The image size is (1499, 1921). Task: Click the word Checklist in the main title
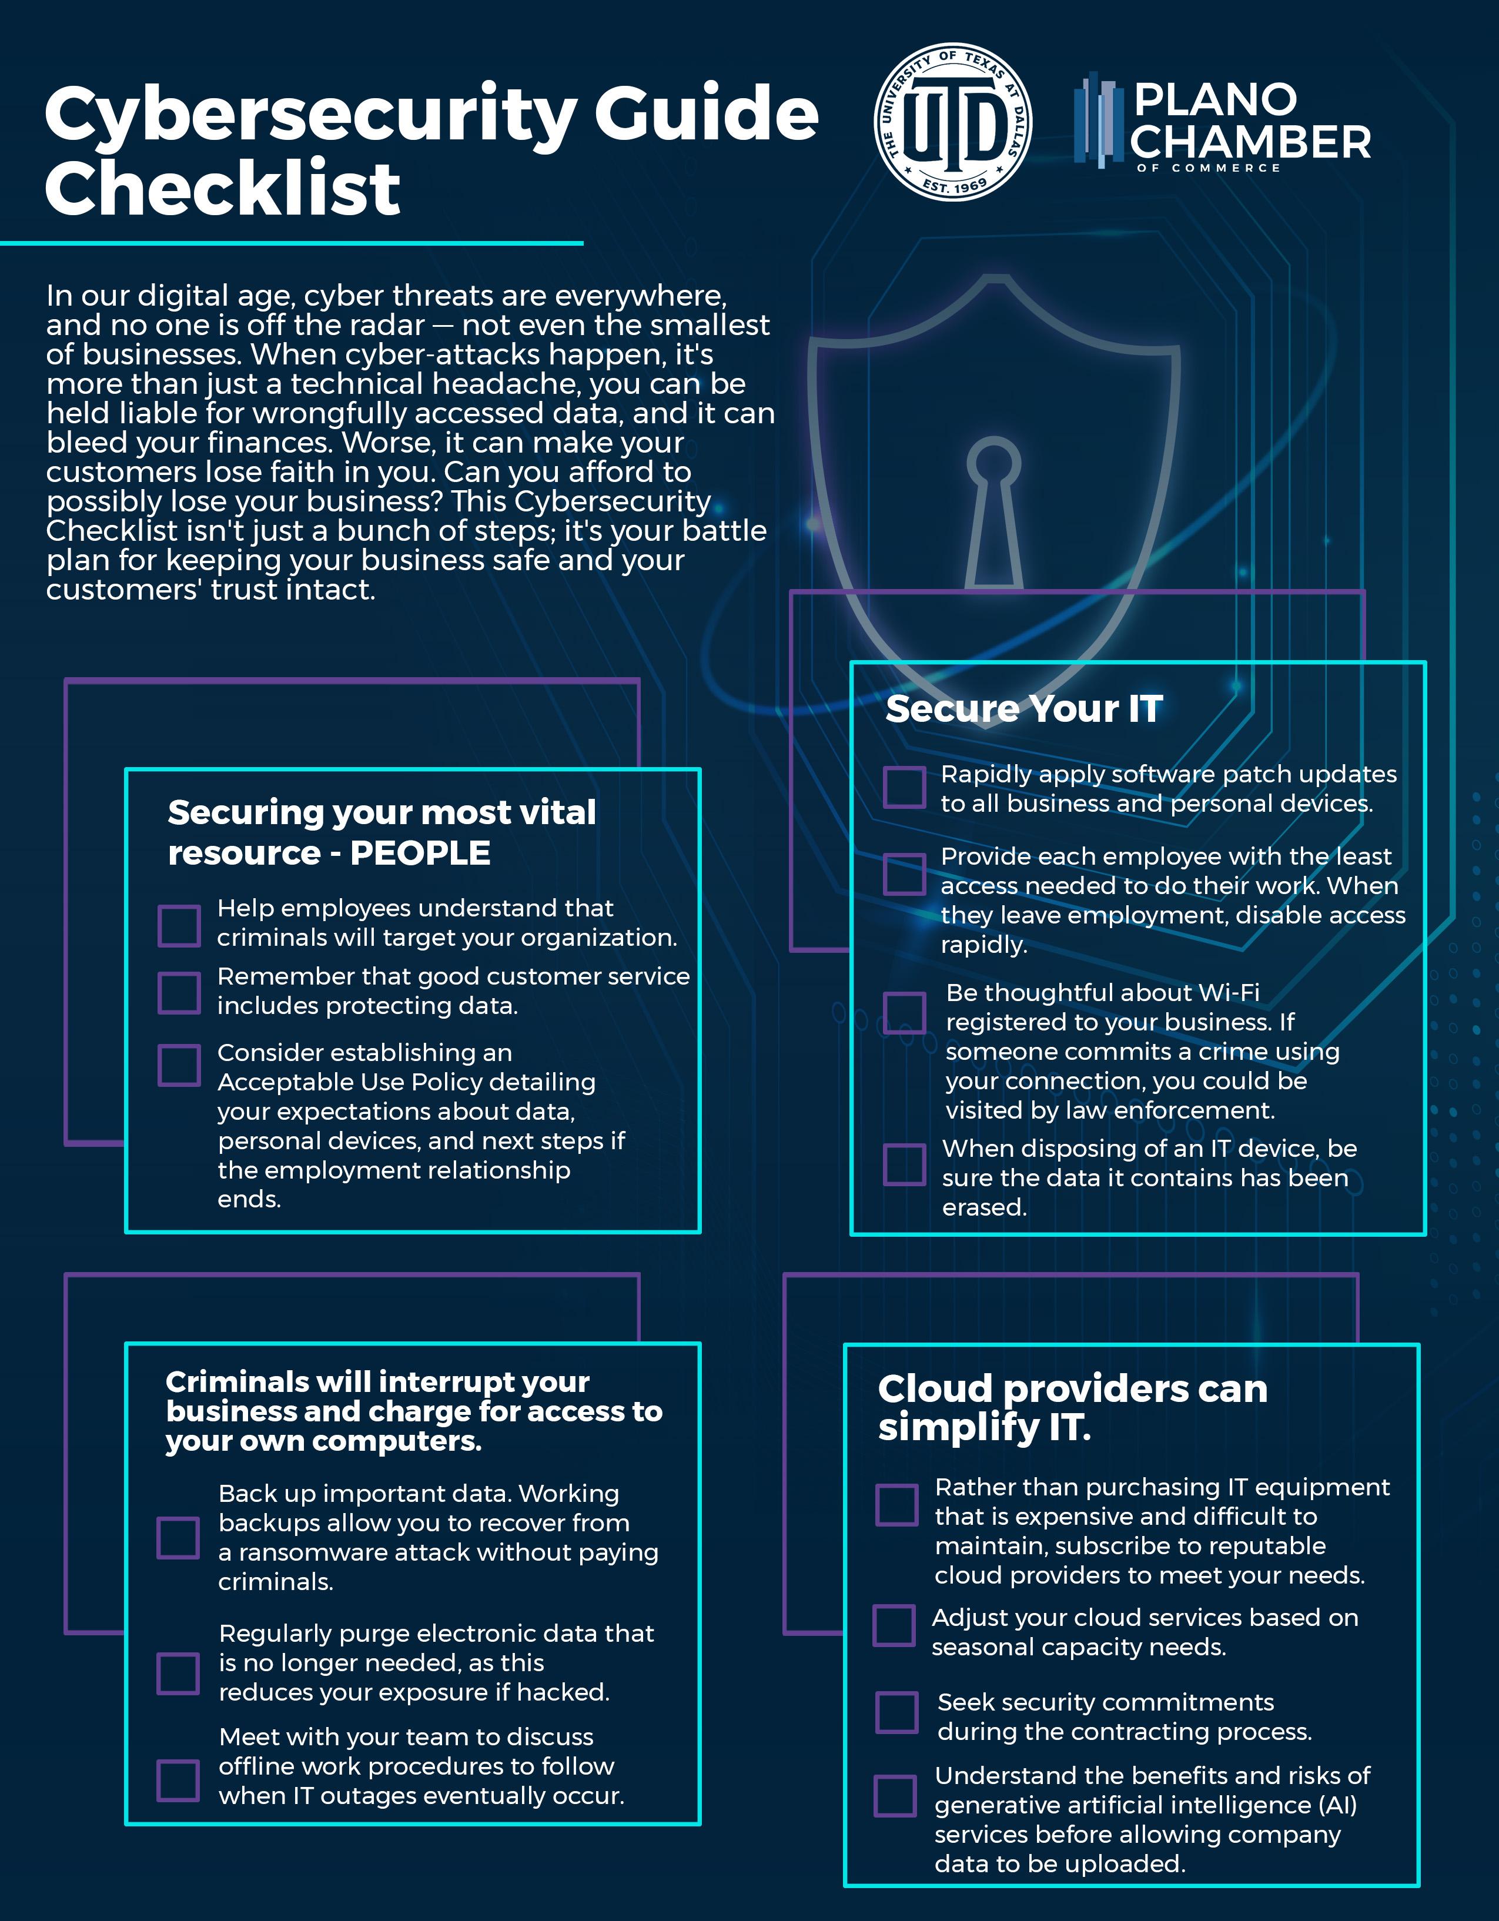[x=223, y=189]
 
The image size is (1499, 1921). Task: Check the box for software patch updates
[x=904, y=787]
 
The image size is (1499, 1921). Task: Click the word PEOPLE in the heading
[x=420, y=853]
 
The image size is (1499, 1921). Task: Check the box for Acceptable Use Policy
[x=179, y=1065]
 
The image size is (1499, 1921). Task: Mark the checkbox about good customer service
[x=179, y=992]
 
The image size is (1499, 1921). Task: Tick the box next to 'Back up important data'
[x=178, y=1538]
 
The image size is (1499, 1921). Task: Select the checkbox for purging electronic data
[x=178, y=1673]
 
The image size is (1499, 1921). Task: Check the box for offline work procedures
[x=178, y=1781]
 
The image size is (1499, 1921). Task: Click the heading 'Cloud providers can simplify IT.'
[x=1072, y=1407]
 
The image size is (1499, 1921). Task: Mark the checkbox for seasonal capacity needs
[x=894, y=1625]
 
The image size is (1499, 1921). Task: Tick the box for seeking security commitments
[x=896, y=1712]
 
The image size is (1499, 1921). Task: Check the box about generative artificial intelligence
[x=895, y=1796]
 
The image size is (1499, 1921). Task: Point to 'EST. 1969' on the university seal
[x=955, y=186]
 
